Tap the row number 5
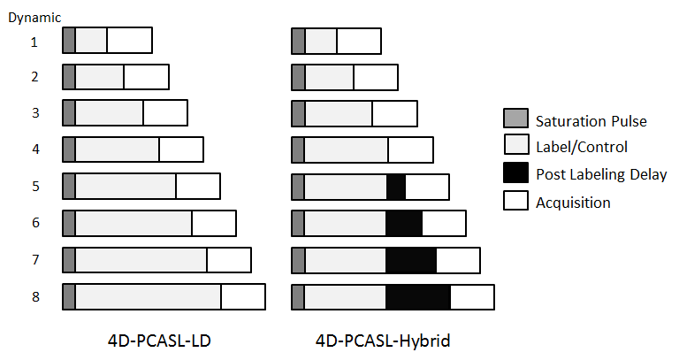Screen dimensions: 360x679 35,186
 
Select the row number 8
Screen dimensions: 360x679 35,296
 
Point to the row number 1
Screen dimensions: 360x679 34,41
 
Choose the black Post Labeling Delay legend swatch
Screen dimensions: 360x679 515,173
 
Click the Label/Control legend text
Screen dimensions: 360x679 581,147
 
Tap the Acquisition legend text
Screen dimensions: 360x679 573,202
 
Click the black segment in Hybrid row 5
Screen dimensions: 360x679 396,187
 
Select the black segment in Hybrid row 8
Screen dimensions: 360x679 418,297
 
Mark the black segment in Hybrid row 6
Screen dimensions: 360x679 404,224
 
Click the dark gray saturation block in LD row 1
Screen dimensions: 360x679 69,41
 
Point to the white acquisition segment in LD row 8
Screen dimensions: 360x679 243,297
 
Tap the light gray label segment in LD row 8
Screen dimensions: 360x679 148,297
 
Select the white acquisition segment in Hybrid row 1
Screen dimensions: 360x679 359,41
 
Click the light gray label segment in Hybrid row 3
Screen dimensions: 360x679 338,114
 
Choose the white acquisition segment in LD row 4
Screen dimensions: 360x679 181,149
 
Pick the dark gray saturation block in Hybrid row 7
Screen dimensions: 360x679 298,261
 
